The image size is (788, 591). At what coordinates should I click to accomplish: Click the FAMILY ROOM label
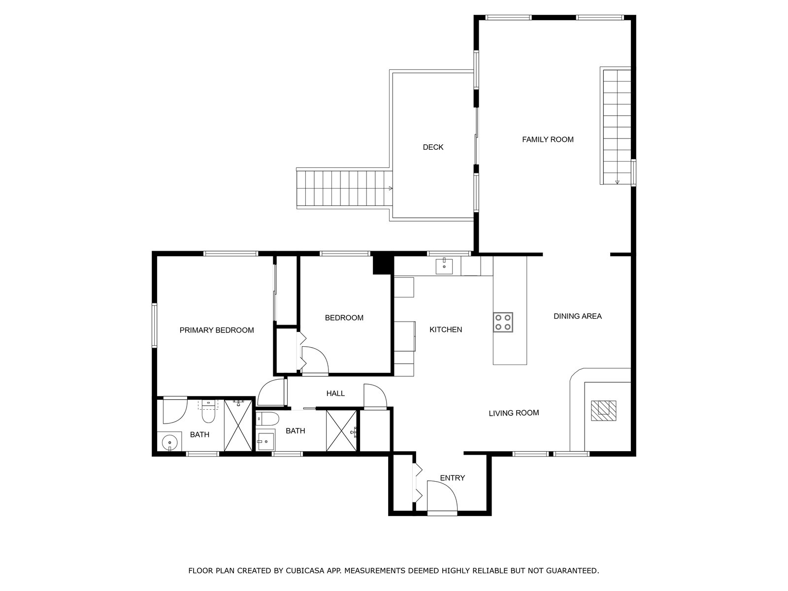[548, 139]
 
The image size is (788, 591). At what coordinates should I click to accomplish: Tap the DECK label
[433, 147]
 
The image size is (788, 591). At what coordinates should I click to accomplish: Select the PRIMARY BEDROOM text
[217, 330]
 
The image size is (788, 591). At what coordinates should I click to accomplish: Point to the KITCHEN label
[446, 329]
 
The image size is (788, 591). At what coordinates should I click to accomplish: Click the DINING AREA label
[577, 316]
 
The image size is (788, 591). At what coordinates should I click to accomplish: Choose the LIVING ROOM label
[514, 413]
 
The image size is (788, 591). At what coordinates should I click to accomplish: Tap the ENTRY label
[452, 478]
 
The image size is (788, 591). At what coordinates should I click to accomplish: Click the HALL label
[335, 394]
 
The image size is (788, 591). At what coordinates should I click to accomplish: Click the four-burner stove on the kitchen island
[503, 322]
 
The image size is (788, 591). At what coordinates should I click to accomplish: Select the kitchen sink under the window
[444, 266]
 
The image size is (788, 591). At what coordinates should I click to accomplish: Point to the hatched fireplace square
[603, 411]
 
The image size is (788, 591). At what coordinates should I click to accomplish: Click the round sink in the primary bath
[169, 442]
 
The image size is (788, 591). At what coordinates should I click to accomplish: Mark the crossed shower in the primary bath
[238, 426]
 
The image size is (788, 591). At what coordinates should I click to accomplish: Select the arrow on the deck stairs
[391, 189]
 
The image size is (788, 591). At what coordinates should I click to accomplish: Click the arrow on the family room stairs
[617, 182]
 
